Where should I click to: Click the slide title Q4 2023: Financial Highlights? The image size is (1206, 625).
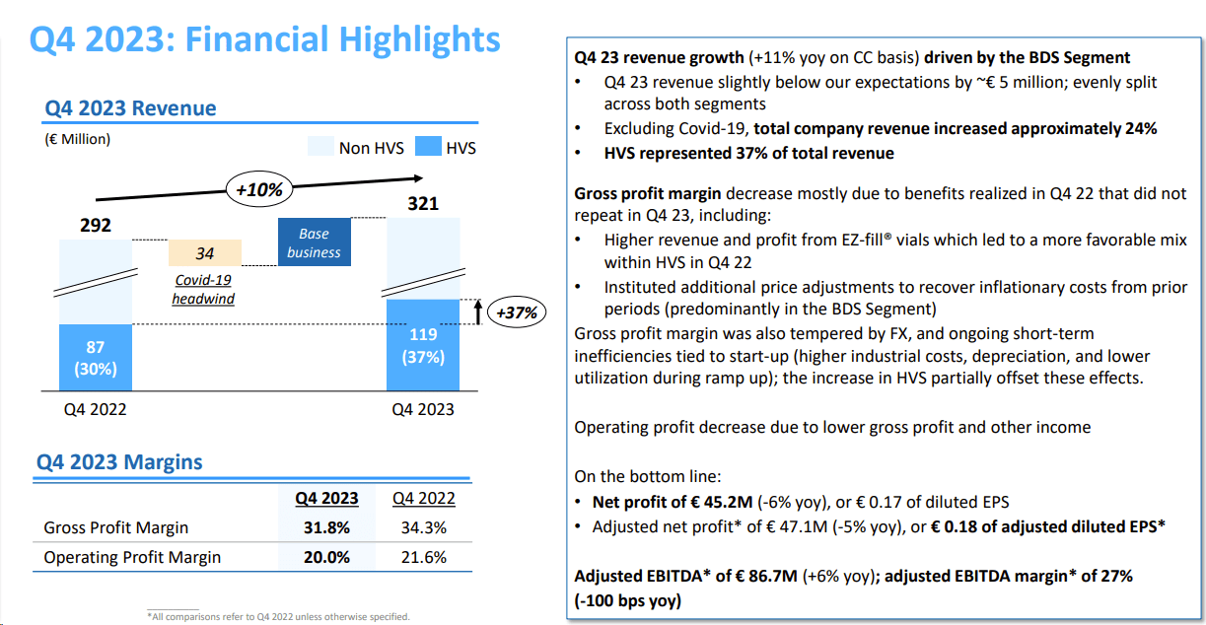click(264, 39)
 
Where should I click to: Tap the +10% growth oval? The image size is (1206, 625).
click(259, 188)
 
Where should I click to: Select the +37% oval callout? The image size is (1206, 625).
click(516, 312)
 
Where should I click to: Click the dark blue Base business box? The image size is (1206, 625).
click(315, 243)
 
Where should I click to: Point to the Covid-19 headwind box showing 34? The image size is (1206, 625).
click(205, 253)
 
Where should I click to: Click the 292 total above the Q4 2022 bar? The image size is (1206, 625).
click(96, 225)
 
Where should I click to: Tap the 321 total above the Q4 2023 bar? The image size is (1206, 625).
click(422, 204)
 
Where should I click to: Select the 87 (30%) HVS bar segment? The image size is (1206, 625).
click(96, 358)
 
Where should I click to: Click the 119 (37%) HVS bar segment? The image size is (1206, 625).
click(423, 345)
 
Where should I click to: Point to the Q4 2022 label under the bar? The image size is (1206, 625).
click(95, 409)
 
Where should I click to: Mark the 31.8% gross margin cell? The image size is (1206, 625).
click(326, 527)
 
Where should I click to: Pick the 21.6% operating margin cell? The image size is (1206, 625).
click(423, 557)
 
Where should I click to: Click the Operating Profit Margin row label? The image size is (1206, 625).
click(132, 557)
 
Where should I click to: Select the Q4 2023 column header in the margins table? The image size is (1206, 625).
click(326, 498)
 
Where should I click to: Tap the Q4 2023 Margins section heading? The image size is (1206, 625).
click(119, 461)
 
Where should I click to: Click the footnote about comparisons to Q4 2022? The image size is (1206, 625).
click(278, 617)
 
